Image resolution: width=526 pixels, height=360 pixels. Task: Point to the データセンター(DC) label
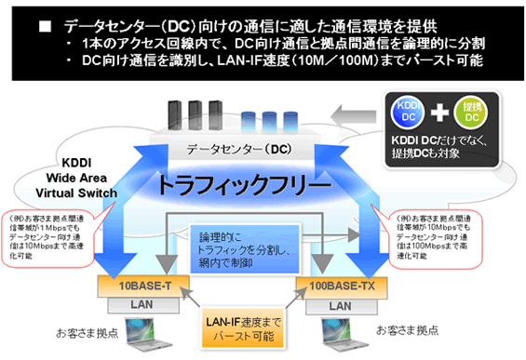point(241,149)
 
